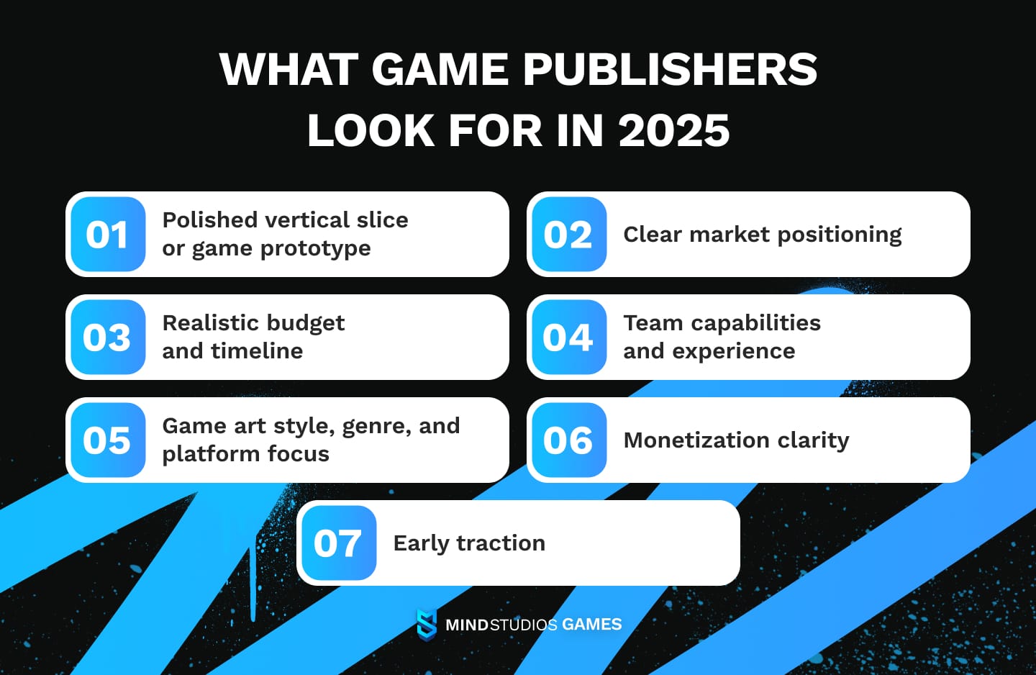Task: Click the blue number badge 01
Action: coord(108,235)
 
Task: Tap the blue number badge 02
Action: coord(568,235)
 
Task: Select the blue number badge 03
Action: coord(108,337)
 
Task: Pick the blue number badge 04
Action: coord(568,337)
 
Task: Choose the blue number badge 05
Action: coord(108,440)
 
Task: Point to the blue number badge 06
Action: coord(568,440)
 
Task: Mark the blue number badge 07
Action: coord(338,543)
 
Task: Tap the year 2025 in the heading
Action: coord(674,131)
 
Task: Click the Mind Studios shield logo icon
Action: coord(427,624)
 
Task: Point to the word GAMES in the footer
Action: coord(592,625)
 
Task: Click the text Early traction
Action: coord(469,543)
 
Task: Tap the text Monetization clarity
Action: coord(736,440)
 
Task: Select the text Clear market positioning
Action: coord(762,235)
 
